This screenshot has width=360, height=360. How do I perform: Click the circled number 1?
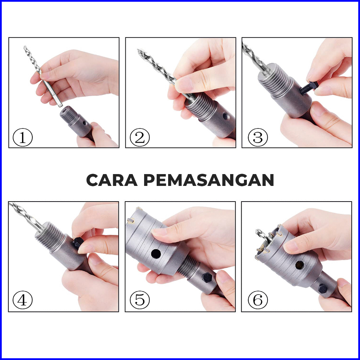point(23,137)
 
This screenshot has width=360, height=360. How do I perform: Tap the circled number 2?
point(140,137)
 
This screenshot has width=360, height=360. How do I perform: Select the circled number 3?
point(258,137)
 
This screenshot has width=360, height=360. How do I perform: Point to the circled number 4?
point(23,300)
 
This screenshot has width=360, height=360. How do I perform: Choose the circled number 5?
point(140,300)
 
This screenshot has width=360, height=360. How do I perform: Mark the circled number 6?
point(258,300)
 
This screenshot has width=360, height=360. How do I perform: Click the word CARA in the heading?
point(112,180)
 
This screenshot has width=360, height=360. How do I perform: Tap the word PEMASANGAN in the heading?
point(209,180)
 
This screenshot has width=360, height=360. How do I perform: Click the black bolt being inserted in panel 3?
point(308,88)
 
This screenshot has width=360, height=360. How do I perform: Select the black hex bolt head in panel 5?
point(207,278)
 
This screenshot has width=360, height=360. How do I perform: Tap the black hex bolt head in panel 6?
point(323,289)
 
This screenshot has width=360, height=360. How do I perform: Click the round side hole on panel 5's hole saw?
point(156,253)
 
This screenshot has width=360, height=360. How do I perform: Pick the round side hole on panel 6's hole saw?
point(299,265)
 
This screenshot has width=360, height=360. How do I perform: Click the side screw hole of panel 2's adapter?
point(226,117)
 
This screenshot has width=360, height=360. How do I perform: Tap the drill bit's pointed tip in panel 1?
point(25,47)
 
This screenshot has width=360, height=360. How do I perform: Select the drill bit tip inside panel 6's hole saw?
point(257,231)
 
